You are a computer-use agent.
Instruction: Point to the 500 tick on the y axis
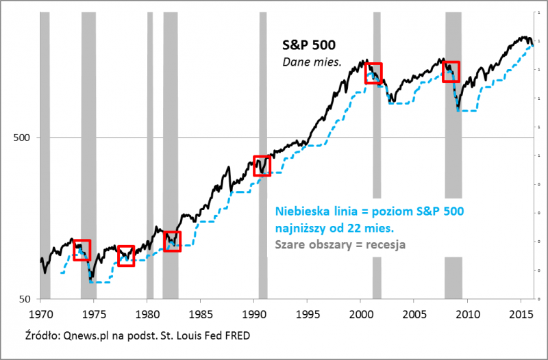coord(23,138)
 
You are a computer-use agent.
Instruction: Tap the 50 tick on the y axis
coord(25,299)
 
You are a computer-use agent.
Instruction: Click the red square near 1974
coord(82,250)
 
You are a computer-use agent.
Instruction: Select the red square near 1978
coord(126,255)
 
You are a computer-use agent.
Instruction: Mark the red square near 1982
coord(172,241)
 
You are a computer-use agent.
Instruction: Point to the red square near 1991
coord(262,166)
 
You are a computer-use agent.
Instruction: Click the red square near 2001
coord(373,73)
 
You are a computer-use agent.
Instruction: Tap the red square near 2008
coord(451,71)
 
